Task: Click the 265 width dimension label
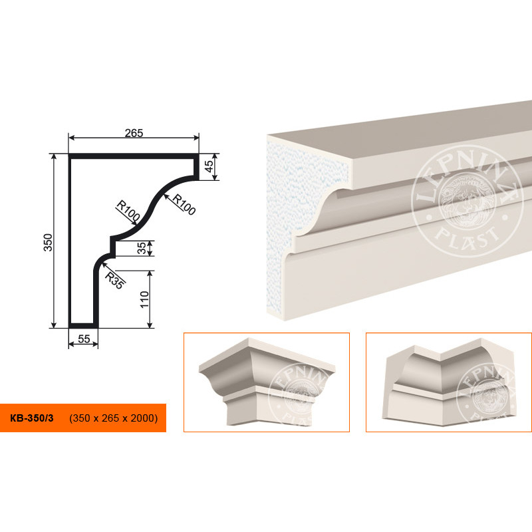pyautogui.click(x=134, y=133)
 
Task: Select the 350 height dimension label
pyautogui.click(x=48, y=242)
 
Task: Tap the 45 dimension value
pyautogui.click(x=209, y=166)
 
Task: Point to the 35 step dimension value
pyautogui.click(x=142, y=247)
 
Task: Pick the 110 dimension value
pyautogui.click(x=144, y=299)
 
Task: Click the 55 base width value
pyautogui.click(x=84, y=338)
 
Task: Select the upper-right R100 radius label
pyautogui.click(x=184, y=204)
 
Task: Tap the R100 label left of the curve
pyautogui.click(x=128, y=210)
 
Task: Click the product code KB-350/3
pyautogui.click(x=32, y=418)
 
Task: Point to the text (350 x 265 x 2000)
pyautogui.click(x=113, y=418)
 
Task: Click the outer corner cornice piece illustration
pyautogui.click(x=267, y=381)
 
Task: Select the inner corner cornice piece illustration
pyautogui.click(x=450, y=382)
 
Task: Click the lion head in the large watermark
pyautogui.click(x=467, y=201)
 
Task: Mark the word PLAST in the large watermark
pyautogui.click(x=467, y=237)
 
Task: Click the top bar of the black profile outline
pyautogui.click(x=134, y=156)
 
